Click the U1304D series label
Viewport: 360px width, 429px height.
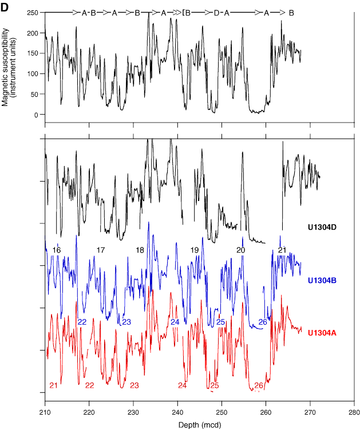click(x=323, y=228)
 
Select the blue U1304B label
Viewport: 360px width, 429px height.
click(x=323, y=281)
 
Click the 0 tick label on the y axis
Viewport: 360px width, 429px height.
click(x=36, y=115)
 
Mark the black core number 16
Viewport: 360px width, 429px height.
click(x=57, y=250)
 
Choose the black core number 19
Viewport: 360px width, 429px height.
click(x=195, y=250)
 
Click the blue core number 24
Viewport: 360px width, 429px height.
click(x=175, y=322)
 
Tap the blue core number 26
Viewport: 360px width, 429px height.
click(x=263, y=322)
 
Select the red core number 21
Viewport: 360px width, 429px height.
click(x=53, y=385)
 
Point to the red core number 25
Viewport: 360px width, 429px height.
click(x=214, y=385)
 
